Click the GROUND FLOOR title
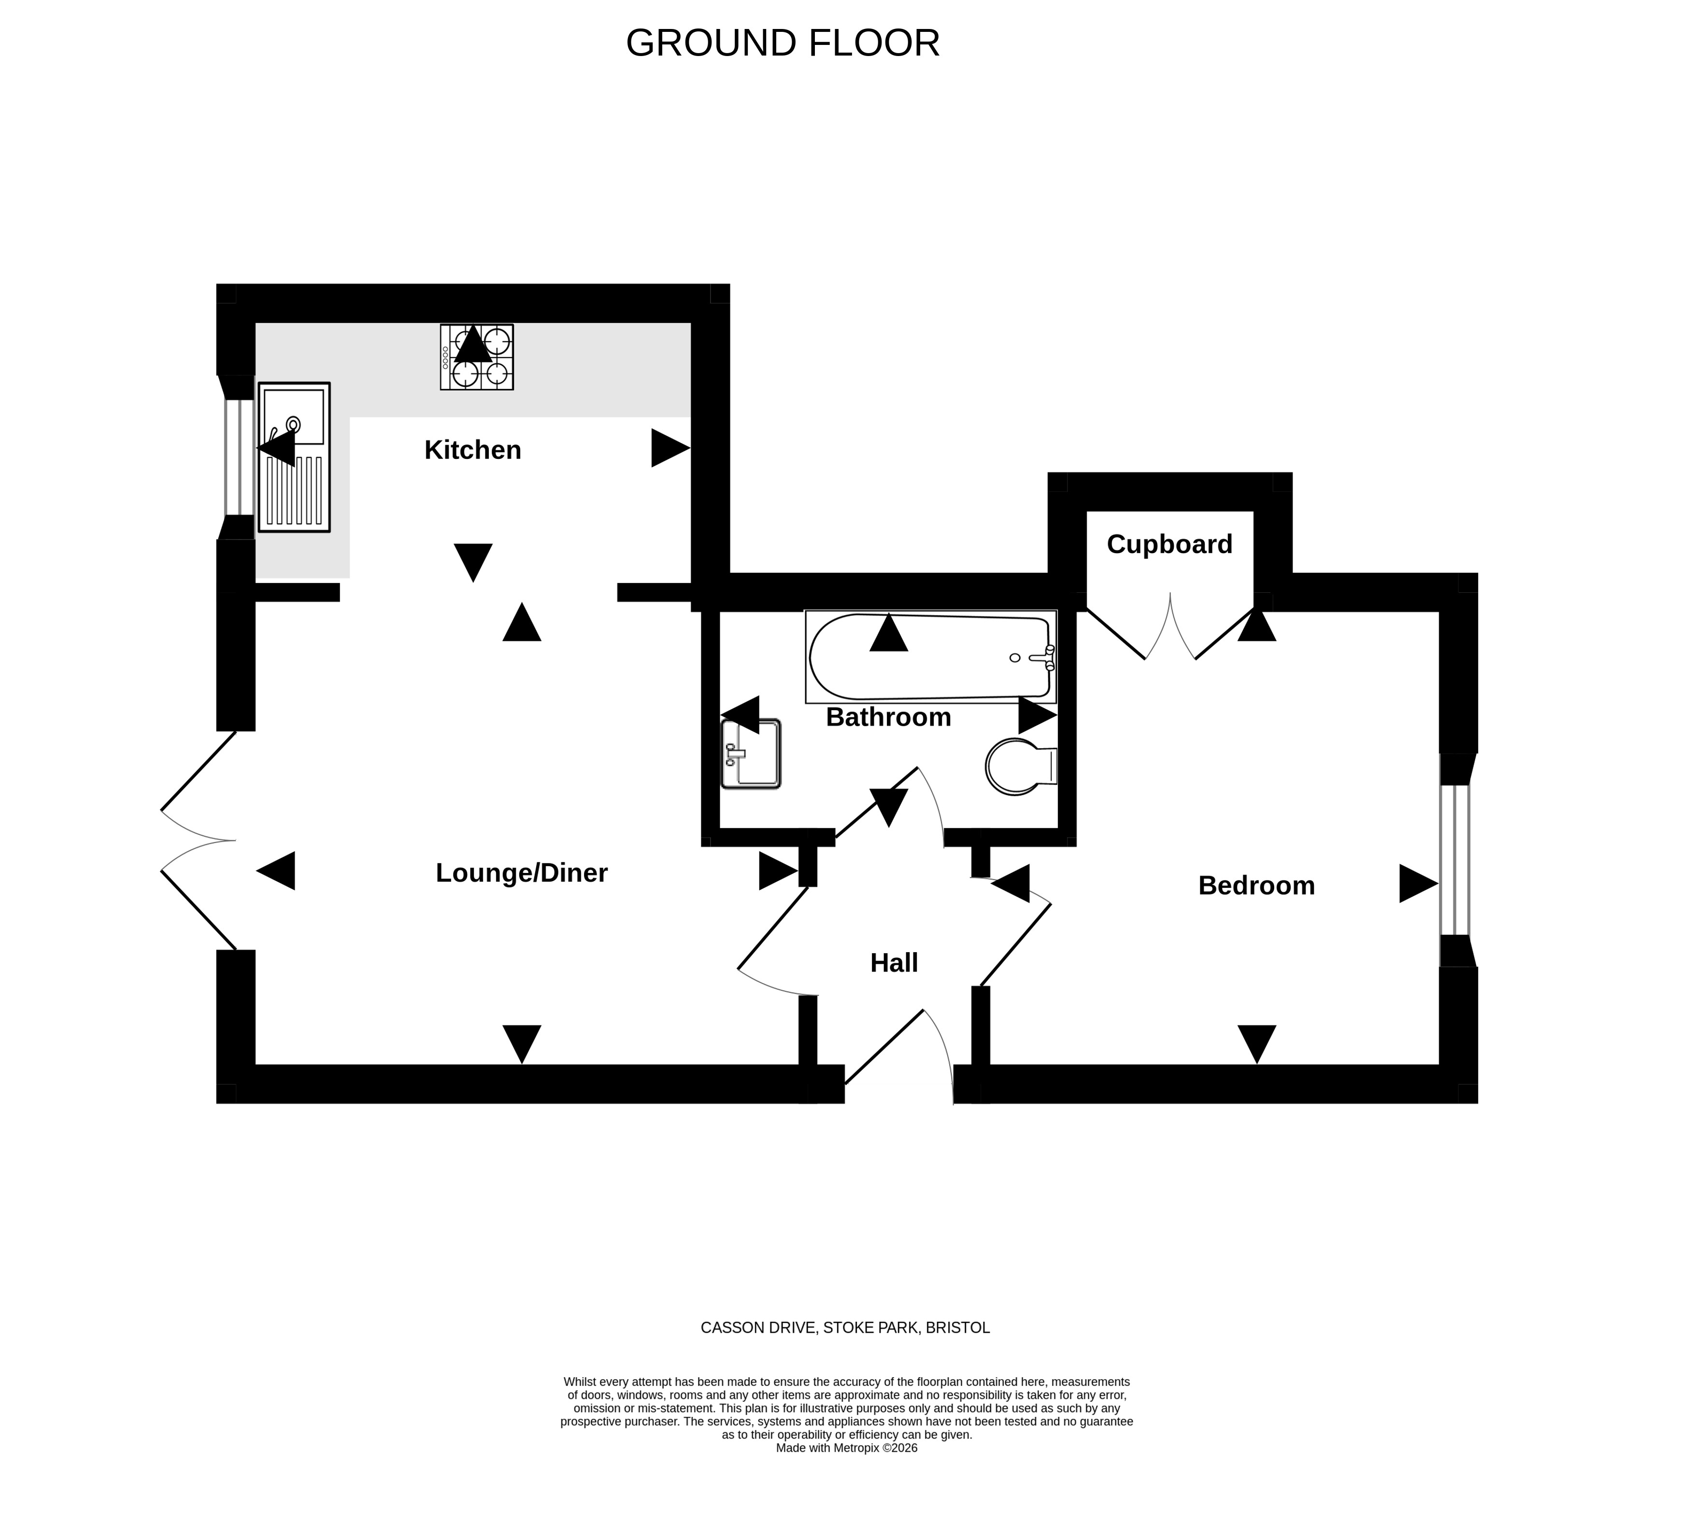783,43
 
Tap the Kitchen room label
472,450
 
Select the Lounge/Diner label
521,873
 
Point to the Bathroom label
888,717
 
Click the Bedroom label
1256,885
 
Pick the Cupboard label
1169,544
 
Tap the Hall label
894,963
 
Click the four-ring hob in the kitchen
477,357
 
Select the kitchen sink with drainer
294,457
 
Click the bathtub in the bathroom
930,657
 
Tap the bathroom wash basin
751,754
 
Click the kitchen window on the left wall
239,457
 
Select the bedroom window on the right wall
1455,860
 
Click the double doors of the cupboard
1170,626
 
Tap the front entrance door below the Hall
899,1056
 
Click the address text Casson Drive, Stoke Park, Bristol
845,1328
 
